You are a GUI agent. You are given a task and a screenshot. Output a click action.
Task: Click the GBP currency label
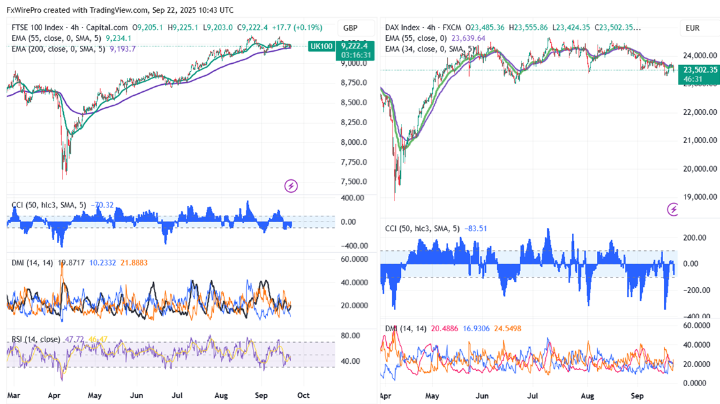pyautogui.click(x=350, y=28)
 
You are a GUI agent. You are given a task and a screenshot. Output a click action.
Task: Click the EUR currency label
pyautogui.click(x=693, y=28)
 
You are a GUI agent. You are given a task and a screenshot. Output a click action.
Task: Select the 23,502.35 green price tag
pyautogui.click(x=700, y=70)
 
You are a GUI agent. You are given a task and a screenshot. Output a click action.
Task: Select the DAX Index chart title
pyautogui.click(x=403, y=27)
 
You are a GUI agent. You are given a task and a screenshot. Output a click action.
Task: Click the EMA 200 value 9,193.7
pyautogui.click(x=123, y=49)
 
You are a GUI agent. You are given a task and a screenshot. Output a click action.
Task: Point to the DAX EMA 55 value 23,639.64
pyautogui.click(x=469, y=38)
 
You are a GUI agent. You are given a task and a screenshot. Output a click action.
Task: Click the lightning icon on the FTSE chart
pyautogui.click(x=291, y=186)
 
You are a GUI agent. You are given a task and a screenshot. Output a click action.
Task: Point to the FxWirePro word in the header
pyautogui.click(x=28, y=10)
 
